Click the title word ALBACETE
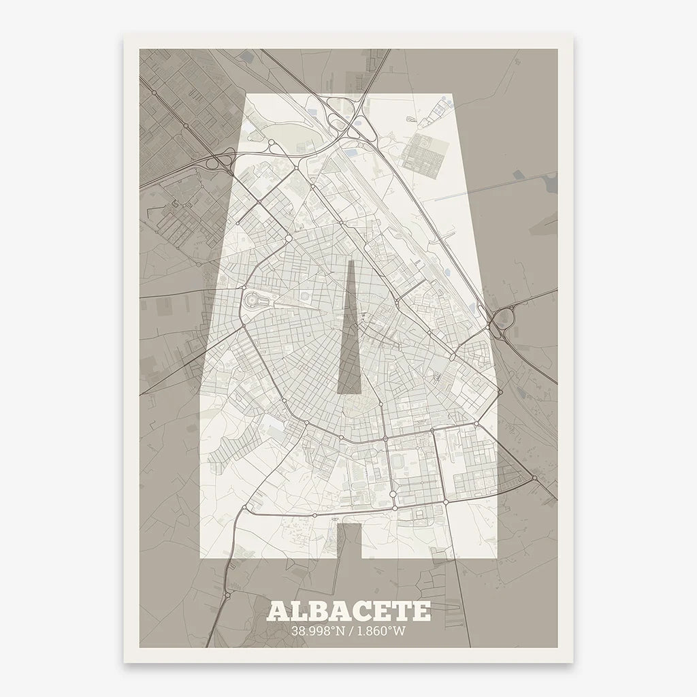[x=348, y=611]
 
